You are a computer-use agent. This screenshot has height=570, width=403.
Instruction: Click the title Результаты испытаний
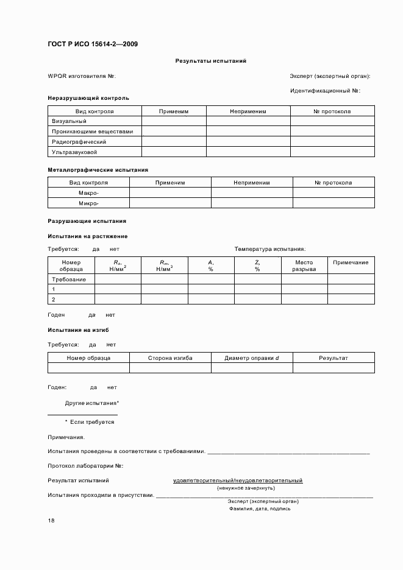click(211, 61)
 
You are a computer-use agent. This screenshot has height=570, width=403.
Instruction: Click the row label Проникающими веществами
click(93, 131)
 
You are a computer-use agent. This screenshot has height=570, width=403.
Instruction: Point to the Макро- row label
click(88, 193)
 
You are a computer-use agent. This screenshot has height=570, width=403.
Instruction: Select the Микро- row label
click(88, 203)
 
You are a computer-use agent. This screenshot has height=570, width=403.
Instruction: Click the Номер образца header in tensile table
click(71, 266)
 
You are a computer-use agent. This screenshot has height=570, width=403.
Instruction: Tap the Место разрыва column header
click(304, 266)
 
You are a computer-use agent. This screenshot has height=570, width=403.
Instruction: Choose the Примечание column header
click(351, 262)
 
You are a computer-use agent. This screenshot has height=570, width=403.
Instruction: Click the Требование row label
click(69, 280)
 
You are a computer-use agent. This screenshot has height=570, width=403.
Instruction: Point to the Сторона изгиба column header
click(170, 358)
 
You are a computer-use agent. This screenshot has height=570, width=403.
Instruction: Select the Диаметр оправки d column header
click(252, 358)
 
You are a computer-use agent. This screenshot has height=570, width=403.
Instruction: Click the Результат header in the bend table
click(333, 358)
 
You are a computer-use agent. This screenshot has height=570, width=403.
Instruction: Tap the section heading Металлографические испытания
click(98, 170)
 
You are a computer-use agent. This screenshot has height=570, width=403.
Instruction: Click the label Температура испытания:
click(270, 249)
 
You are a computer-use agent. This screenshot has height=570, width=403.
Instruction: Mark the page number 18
click(51, 521)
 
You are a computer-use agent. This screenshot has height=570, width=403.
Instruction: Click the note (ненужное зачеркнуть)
click(246, 488)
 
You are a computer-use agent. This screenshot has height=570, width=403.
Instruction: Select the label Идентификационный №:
click(326, 91)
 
